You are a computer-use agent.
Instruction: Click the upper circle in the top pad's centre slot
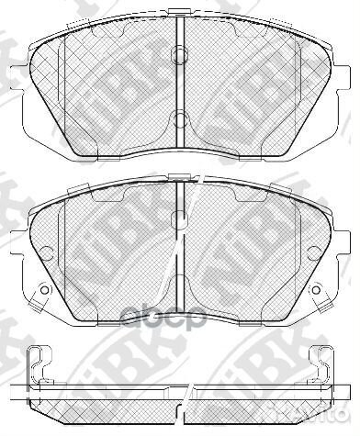click(x=181, y=48)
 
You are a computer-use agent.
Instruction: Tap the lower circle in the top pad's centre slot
click(x=181, y=117)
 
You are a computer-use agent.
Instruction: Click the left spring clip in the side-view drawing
click(x=39, y=364)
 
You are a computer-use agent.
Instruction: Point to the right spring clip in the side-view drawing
click(x=322, y=364)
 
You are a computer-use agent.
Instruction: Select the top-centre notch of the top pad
click(x=181, y=20)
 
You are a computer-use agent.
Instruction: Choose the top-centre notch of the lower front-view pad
click(x=181, y=174)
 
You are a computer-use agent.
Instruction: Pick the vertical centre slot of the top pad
click(x=181, y=83)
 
